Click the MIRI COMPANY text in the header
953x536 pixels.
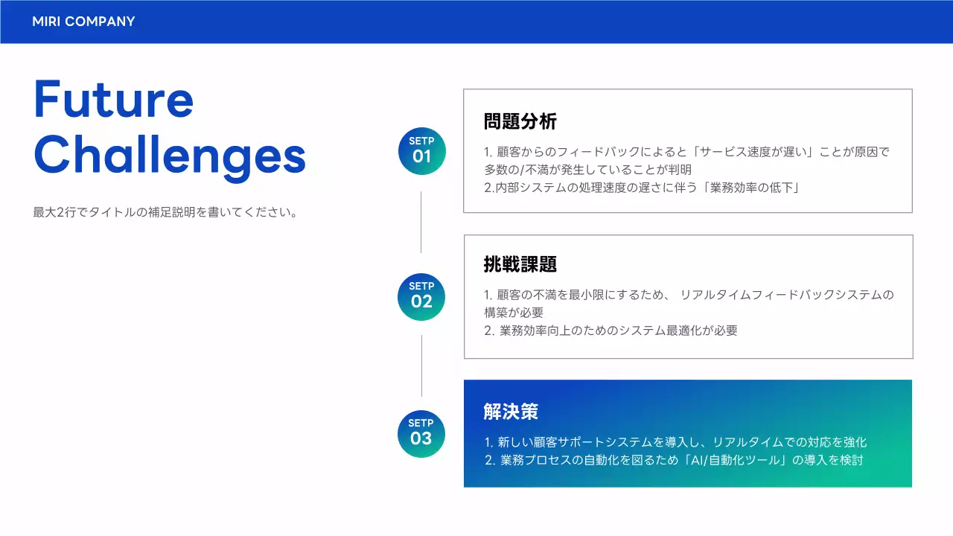(x=83, y=22)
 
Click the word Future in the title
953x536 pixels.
(x=113, y=100)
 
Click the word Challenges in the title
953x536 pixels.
(x=170, y=156)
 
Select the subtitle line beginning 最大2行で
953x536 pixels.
(x=165, y=212)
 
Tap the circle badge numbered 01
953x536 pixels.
(x=422, y=151)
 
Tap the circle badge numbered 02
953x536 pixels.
(x=421, y=296)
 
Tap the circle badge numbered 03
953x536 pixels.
(x=421, y=433)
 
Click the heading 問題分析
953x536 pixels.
(x=520, y=121)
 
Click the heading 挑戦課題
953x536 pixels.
(x=520, y=264)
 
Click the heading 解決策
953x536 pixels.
(x=511, y=411)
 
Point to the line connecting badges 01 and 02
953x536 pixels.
(x=421, y=222)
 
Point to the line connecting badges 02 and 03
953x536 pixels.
(x=421, y=365)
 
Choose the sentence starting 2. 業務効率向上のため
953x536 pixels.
(x=611, y=331)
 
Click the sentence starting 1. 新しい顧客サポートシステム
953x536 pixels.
(x=675, y=442)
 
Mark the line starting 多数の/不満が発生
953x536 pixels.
(x=587, y=170)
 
